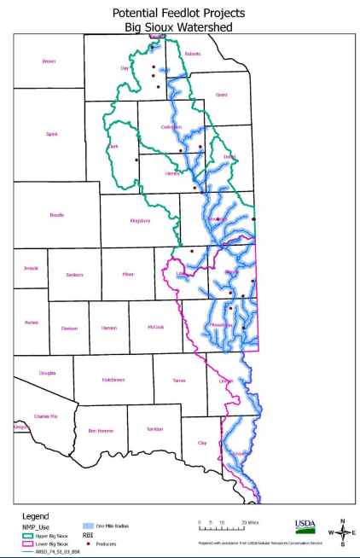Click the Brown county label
49,61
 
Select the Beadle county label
57,214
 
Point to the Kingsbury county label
140,221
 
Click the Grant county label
222,95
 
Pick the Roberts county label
193,54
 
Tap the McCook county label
154,328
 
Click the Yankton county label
155,429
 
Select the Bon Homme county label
101,429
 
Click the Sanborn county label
74,275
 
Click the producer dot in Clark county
136,159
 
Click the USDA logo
305,524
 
